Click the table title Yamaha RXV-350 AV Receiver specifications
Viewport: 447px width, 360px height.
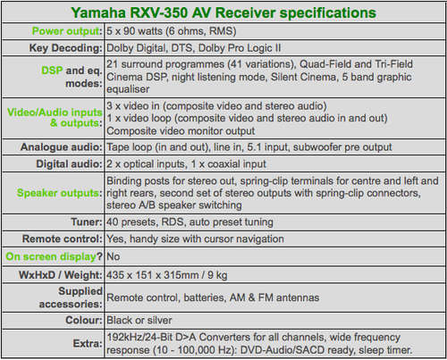point(223,13)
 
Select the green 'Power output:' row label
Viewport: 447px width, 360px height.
point(67,31)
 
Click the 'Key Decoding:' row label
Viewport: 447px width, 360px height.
point(65,48)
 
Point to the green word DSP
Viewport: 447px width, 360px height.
point(52,71)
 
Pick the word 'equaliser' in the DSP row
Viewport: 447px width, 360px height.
point(128,89)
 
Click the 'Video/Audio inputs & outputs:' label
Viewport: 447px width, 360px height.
point(55,118)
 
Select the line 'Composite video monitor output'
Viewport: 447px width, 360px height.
point(181,131)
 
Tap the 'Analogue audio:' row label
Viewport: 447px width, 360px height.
point(62,147)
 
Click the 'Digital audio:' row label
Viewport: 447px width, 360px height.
point(69,164)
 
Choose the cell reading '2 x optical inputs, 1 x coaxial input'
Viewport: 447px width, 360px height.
point(186,164)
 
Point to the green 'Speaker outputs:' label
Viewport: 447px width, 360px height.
point(60,193)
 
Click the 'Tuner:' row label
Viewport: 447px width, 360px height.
point(87,222)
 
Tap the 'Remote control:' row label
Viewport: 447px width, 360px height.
point(63,239)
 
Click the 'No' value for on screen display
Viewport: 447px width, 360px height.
point(114,256)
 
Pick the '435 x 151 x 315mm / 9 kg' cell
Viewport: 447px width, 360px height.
point(167,275)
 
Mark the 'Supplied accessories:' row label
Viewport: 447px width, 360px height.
point(71,297)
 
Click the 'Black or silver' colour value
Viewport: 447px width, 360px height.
point(139,321)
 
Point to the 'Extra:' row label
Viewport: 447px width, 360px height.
point(88,344)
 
